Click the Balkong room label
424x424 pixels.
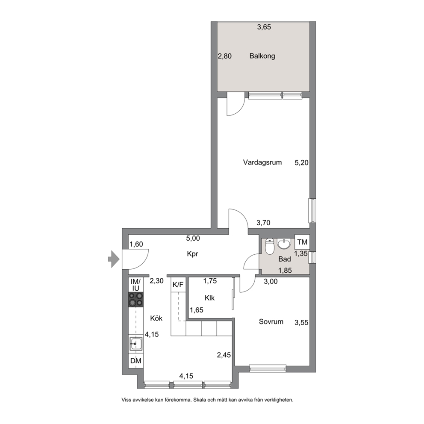(x=262, y=56)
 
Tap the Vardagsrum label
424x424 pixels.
(x=262, y=162)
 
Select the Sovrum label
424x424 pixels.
(x=271, y=322)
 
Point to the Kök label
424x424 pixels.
(x=156, y=318)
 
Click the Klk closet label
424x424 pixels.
(x=209, y=298)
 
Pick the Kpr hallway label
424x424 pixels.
(x=192, y=254)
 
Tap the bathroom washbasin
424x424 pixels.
(x=284, y=244)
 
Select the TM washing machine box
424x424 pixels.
(x=302, y=242)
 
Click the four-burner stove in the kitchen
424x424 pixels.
(x=136, y=300)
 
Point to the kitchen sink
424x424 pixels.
(x=136, y=344)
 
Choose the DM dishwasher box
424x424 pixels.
(x=136, y=361)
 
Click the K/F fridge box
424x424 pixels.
(x=178, y=285)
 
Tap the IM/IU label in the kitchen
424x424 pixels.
(x=136, y=285)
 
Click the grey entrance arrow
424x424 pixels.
(x=114, y=259)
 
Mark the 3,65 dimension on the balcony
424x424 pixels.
(x=264, y=27)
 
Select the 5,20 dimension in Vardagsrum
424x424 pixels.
(x=301, y=162)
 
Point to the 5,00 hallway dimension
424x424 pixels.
(x=193, y=238)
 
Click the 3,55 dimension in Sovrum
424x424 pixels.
(x=301, y=323)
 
